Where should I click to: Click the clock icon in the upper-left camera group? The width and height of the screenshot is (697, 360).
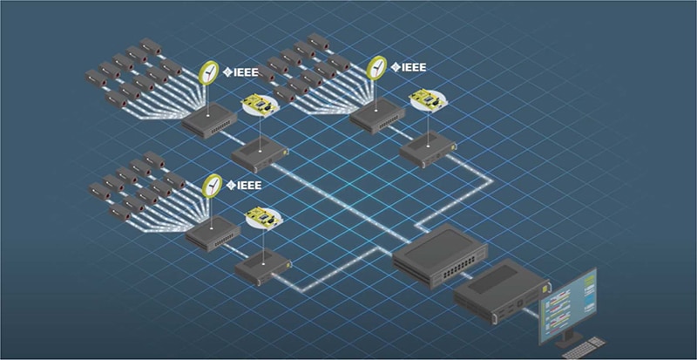(x=209, y=72)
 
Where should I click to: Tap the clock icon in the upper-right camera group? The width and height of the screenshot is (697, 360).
(x=377, y=68)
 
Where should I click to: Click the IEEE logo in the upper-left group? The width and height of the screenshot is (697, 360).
(x=241, y=72)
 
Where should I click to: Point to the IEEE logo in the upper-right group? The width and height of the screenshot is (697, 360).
(x=409, y=67)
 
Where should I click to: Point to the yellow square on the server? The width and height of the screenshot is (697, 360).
(x=546, y=283)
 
